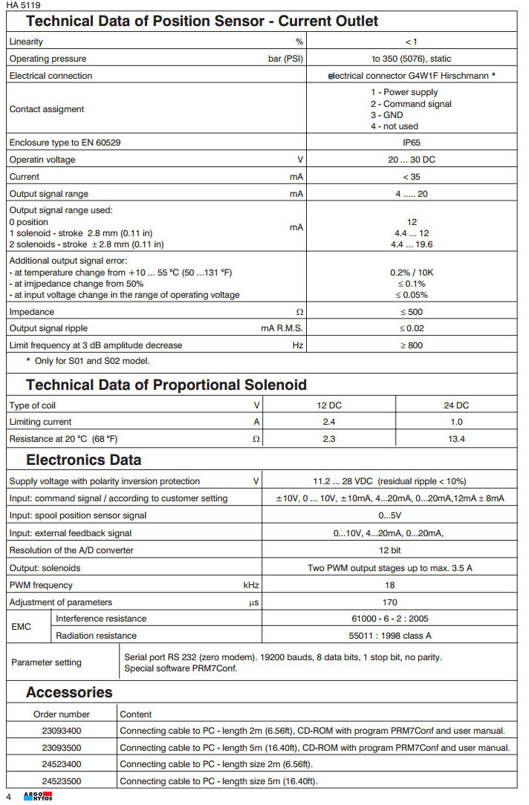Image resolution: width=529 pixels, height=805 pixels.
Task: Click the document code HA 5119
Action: (23, 4)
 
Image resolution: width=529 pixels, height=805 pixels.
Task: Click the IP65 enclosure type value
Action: (412, 143)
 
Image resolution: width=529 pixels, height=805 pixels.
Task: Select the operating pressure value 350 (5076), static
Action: (412, 59)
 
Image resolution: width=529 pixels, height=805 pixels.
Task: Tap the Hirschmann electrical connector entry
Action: (412, 76)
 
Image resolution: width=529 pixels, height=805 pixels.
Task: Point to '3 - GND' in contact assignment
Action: (387, 115)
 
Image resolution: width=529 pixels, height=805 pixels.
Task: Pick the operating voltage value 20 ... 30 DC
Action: (412, 160)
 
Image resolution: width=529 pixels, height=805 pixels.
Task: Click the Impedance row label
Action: (32, 312)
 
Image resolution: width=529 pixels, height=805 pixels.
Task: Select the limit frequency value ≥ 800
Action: (412, 345)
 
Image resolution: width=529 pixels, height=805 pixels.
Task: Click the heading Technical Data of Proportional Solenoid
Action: (166, 385)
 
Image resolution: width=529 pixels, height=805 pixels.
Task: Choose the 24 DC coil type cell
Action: (455, 405)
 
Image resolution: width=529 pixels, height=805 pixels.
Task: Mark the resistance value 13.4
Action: (455, 439)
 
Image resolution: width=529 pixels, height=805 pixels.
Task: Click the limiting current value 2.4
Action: (329, 422)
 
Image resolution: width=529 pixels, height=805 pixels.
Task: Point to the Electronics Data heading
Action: (83, 460)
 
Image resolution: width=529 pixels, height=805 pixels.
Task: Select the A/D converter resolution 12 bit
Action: (389, 551)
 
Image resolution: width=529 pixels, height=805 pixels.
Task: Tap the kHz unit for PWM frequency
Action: (251, 585)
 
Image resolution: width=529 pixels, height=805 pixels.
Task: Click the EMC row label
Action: (22, 627)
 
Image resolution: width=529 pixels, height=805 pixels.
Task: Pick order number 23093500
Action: (62, 748)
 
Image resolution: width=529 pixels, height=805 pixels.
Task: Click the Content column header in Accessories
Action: (136, 714)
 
